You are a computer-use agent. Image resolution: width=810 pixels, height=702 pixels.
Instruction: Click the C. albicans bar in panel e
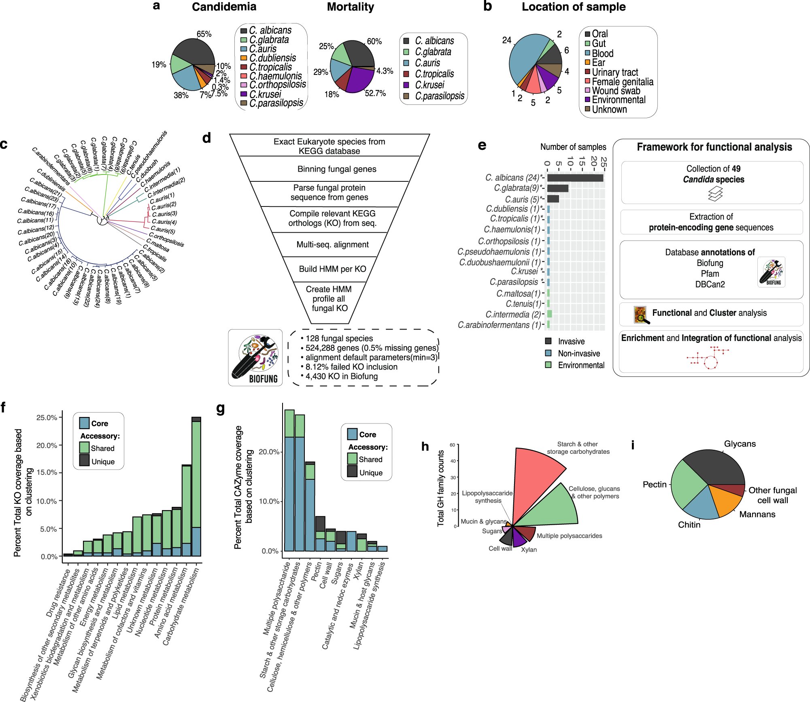click(575, 178)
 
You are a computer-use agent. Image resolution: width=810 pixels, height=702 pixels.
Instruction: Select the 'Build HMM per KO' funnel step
click(332, 269)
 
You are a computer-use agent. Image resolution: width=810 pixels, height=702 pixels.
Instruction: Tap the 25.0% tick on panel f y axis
click(47, 417)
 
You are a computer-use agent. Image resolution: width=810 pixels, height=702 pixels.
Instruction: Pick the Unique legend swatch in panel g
click(352, 471)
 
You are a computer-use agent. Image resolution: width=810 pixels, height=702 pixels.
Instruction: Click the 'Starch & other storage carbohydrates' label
click(578, 448)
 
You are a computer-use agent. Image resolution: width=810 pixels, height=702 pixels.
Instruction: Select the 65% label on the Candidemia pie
click(204, 34)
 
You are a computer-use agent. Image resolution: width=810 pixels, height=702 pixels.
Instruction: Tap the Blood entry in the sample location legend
click(602, 53)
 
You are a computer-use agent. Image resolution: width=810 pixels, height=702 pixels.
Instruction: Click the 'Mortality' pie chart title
click(350, 7)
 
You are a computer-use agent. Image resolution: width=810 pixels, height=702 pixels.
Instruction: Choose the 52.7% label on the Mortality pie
click(375, 94)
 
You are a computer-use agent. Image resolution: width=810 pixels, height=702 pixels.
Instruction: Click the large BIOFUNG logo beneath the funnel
click(255, 357)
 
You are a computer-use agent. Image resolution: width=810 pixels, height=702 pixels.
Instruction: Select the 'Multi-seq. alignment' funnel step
click(332, 245)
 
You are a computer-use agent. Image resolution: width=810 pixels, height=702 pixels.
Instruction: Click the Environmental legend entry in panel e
click(580, 365)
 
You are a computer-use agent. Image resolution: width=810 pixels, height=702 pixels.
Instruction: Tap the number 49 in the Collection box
click(736, 169)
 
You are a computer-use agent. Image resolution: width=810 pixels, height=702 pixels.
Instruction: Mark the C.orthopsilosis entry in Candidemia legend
click(277, 85)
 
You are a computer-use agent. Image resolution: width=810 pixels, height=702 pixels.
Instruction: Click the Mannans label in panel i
click(757, 514)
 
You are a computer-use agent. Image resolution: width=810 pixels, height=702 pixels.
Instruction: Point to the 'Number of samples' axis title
click(573, 147)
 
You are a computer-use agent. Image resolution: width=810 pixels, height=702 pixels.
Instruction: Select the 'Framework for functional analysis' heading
click(714, 147)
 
